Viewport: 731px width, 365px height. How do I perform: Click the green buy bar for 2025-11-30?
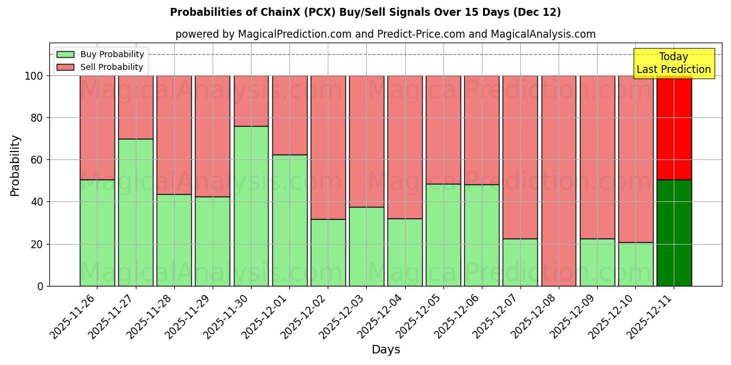(251, 206)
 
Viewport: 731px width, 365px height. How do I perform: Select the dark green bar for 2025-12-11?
(674, 232)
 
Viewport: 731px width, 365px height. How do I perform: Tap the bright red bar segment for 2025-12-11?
(674, 128)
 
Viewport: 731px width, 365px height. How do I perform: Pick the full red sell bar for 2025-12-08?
(559, 181)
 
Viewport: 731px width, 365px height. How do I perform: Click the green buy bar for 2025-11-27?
(136, 212)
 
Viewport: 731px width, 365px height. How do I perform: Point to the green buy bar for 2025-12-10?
(636, 264)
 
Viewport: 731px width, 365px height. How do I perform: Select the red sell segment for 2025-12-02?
(328, 147)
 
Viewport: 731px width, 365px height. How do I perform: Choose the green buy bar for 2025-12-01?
(289, 220)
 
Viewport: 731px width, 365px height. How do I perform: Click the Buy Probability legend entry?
(101, 54)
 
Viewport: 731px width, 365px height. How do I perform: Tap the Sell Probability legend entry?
(101, 67)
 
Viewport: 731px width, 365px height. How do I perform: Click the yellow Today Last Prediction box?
(674, 63)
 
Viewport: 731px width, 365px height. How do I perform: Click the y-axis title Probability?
(15, 165)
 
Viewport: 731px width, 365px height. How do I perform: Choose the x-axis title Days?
(386, 350)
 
